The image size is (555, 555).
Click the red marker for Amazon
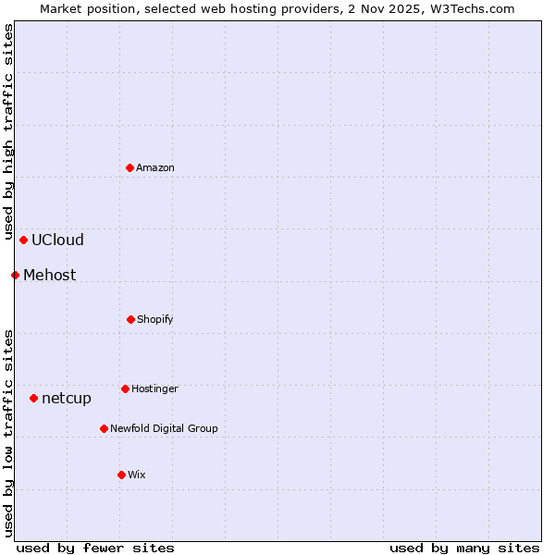point(130,167)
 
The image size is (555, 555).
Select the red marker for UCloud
point(23,240)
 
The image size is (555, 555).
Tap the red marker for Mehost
point(15,275)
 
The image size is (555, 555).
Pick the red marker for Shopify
point(130,319)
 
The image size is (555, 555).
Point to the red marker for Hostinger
point(125,388)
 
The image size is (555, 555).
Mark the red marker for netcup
point(33,398)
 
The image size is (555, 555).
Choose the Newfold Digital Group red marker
point(104,428)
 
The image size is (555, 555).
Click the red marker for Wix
point(121,475)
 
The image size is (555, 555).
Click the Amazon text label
point(155,167)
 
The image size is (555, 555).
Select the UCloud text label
point(57,240)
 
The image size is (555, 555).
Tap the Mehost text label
point(50,275)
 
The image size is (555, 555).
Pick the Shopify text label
point(155,319)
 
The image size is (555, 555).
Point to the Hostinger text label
point(154,388)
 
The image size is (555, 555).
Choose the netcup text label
point(67,398)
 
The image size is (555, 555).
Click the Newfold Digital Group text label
point(164,428)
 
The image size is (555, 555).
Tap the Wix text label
point(137,475)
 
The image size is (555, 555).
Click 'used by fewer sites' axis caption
point(95,548)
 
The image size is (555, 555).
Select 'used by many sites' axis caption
point(464,548)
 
